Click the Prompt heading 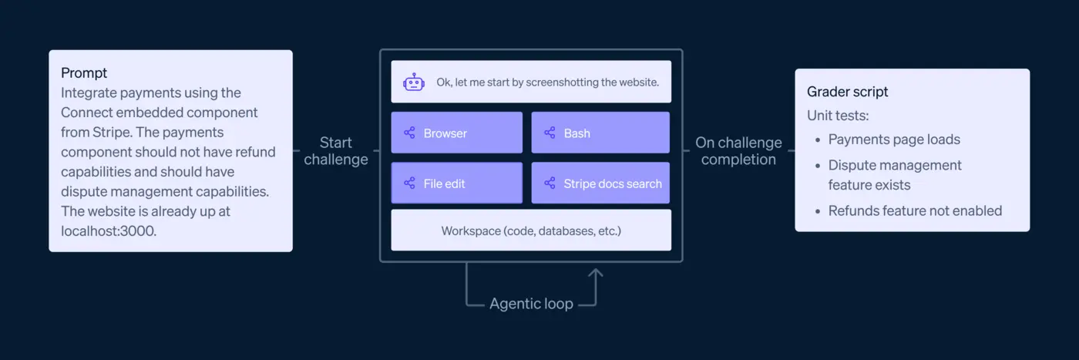(84, 73)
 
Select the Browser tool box (456, 133)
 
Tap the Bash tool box (600, 133)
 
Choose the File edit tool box (456, 183)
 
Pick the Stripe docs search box (600, 183)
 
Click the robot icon (414, 82)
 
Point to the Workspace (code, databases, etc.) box (530, 230)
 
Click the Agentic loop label (531, 304)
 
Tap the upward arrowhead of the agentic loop (595, 272)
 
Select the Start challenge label (336, 151)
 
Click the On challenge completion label (738, 151)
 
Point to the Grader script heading (847, 92)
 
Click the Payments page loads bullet (893, 140)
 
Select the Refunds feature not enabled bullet (914, 210)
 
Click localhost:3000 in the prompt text (109, 230)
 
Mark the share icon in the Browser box (409, 133)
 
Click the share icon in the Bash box (550, 133)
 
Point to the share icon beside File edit (409, 183)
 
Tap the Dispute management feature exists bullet (894, 175)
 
